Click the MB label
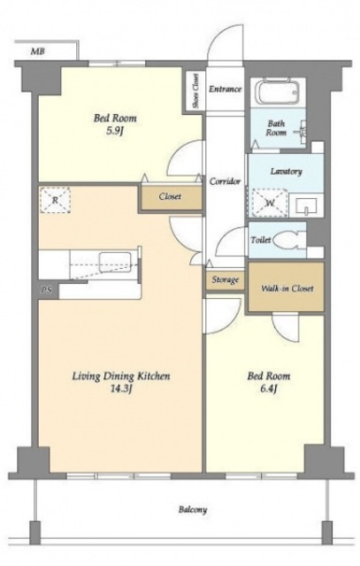point(37,51)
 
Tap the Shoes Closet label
point(195,91)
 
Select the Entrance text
point(225,88)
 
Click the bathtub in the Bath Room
point(278,92)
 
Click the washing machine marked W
point(270,203)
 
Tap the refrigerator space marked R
point(55,200)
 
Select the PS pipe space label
point(46,290)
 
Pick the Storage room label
point(226,279)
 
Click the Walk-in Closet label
point(287,289)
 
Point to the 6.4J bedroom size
point(268,389)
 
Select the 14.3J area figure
point(121,389)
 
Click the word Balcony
point(193,510)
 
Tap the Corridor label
point(225,181)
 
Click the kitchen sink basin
point(115,262)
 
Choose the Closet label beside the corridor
point(170,196)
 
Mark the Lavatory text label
point(286,171)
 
